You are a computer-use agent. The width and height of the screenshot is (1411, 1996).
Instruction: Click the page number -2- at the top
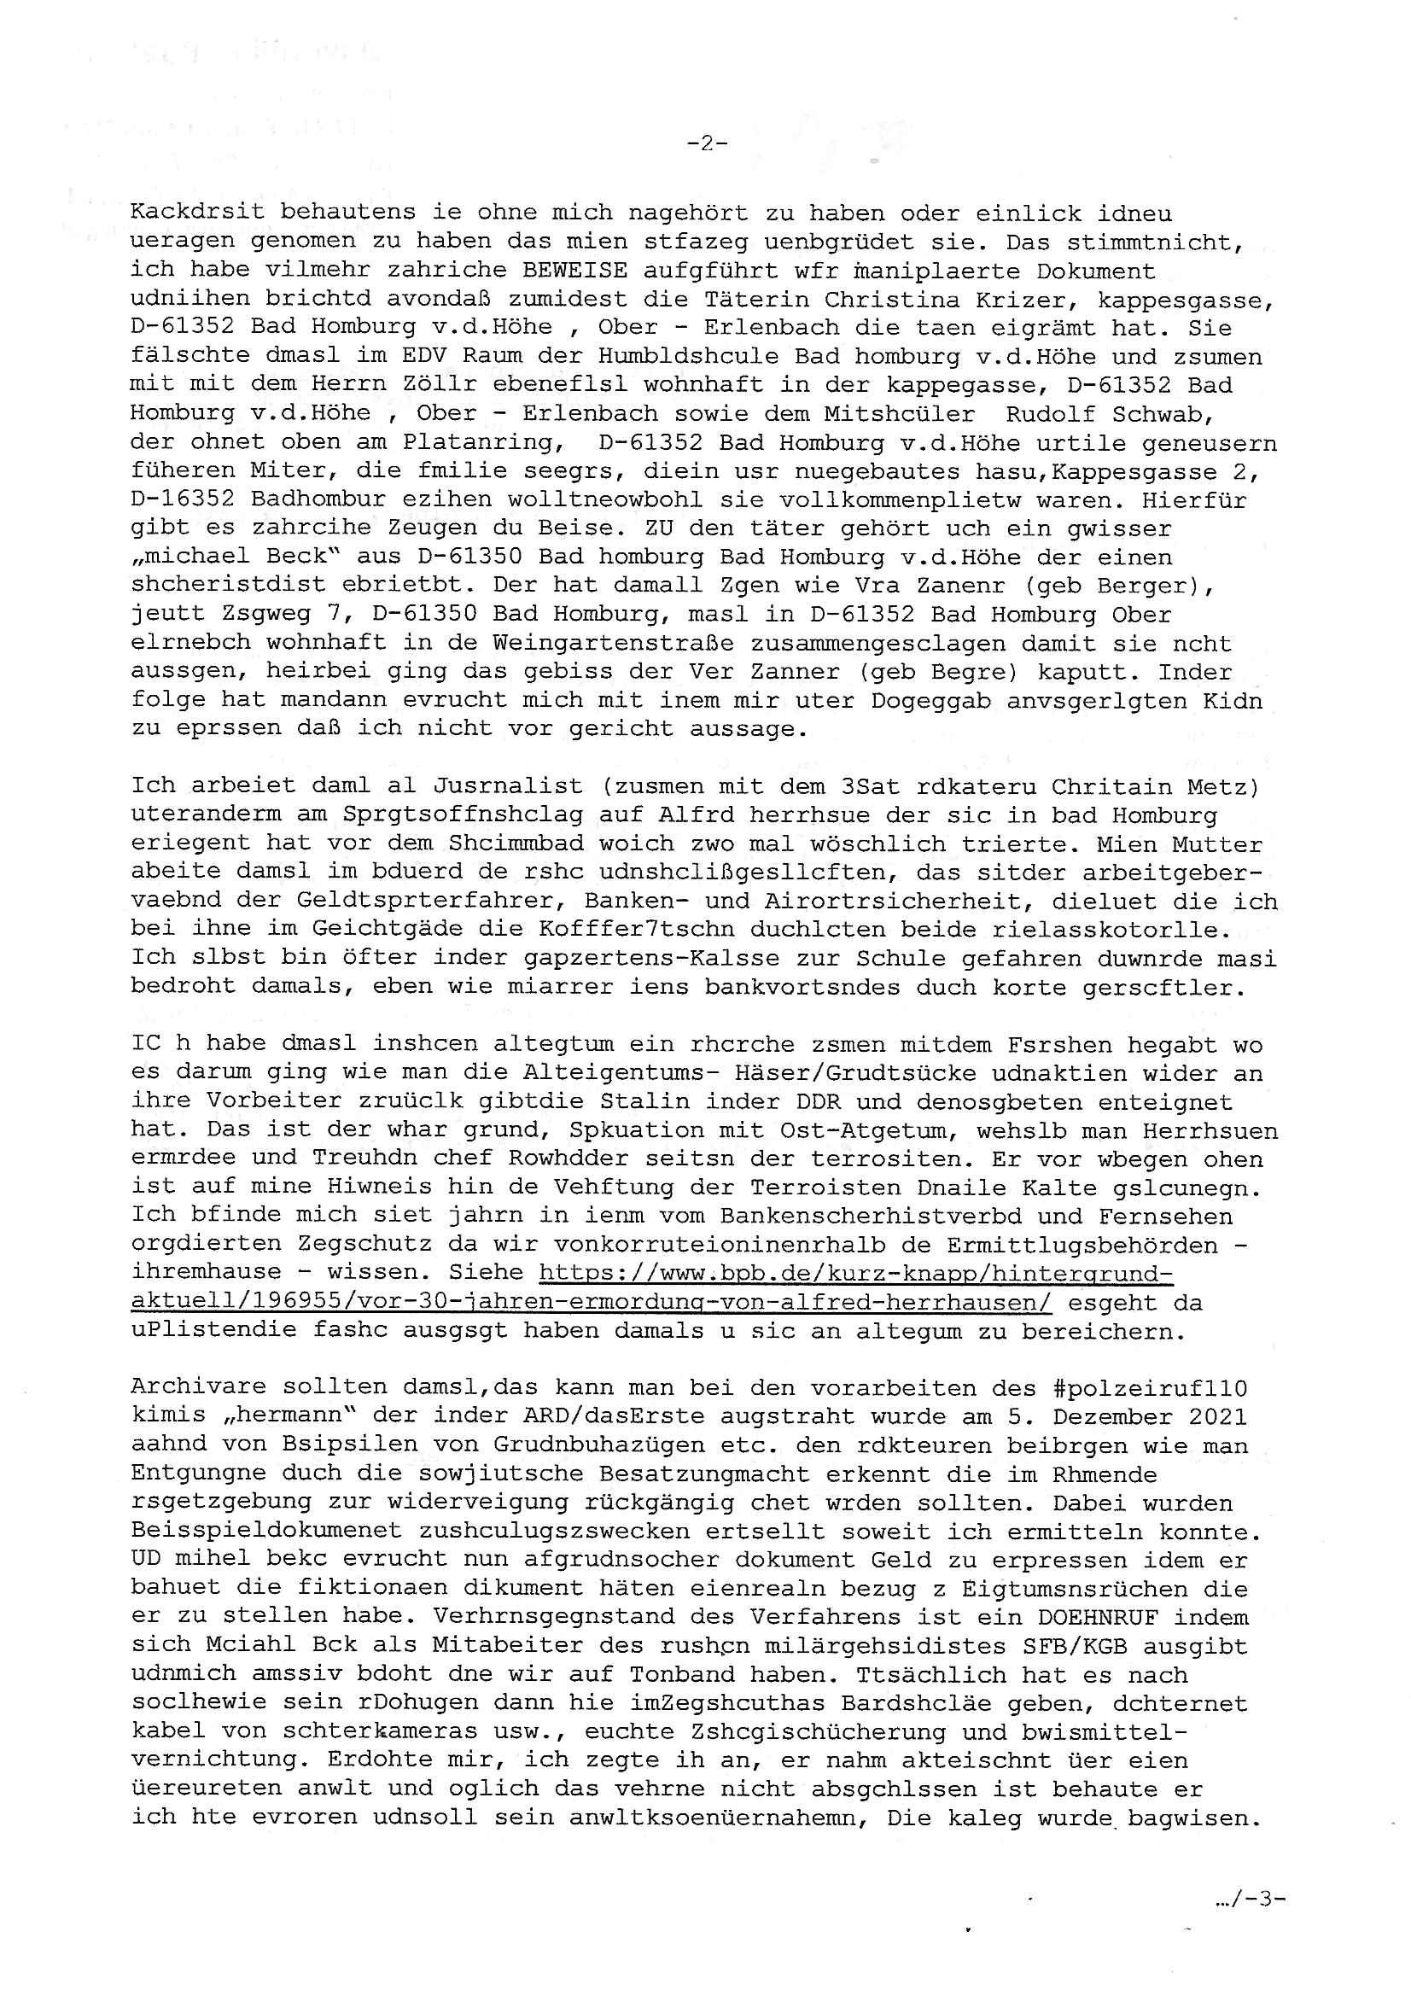pos(707,144)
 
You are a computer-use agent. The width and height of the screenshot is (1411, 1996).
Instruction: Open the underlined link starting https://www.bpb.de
pos(855,1273)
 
